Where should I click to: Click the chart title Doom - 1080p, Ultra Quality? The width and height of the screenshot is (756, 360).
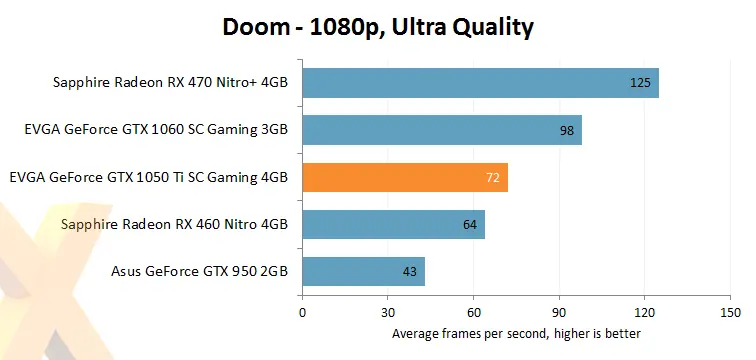click(378, 28)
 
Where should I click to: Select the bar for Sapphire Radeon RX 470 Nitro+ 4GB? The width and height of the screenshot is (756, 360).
click(480, 83)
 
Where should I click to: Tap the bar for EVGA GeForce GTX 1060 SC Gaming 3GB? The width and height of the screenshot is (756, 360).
click(441, 130)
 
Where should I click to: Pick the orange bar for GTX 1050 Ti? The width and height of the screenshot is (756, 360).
click(404, 178)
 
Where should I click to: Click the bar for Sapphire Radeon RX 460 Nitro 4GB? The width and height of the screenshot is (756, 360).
click(393, 225)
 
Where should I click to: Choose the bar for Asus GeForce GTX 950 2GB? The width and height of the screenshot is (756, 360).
click(363, 272)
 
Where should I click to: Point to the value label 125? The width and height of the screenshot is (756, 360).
click(640, 83)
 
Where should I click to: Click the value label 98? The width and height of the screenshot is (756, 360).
click(566, 130)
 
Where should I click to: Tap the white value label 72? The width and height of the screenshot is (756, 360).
click(492, 178)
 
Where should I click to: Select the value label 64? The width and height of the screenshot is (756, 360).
click(469, 225)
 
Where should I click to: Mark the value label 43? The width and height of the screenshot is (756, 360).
click(409, 272)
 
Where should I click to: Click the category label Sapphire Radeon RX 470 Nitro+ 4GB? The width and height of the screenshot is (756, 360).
click(170, 83)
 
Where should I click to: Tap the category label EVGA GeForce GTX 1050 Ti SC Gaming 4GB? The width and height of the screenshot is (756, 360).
click(148, 178)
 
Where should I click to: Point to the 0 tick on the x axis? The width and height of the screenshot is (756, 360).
click(302, 313)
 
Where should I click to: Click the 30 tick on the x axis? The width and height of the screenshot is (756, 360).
click(388, 313)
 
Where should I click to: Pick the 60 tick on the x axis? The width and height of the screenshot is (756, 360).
click(474, 313)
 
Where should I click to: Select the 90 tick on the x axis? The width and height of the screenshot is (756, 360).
click(560, 313)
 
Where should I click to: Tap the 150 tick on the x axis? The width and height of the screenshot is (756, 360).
click(731, 313)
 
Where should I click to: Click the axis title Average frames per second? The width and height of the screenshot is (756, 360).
click(516, 333)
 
